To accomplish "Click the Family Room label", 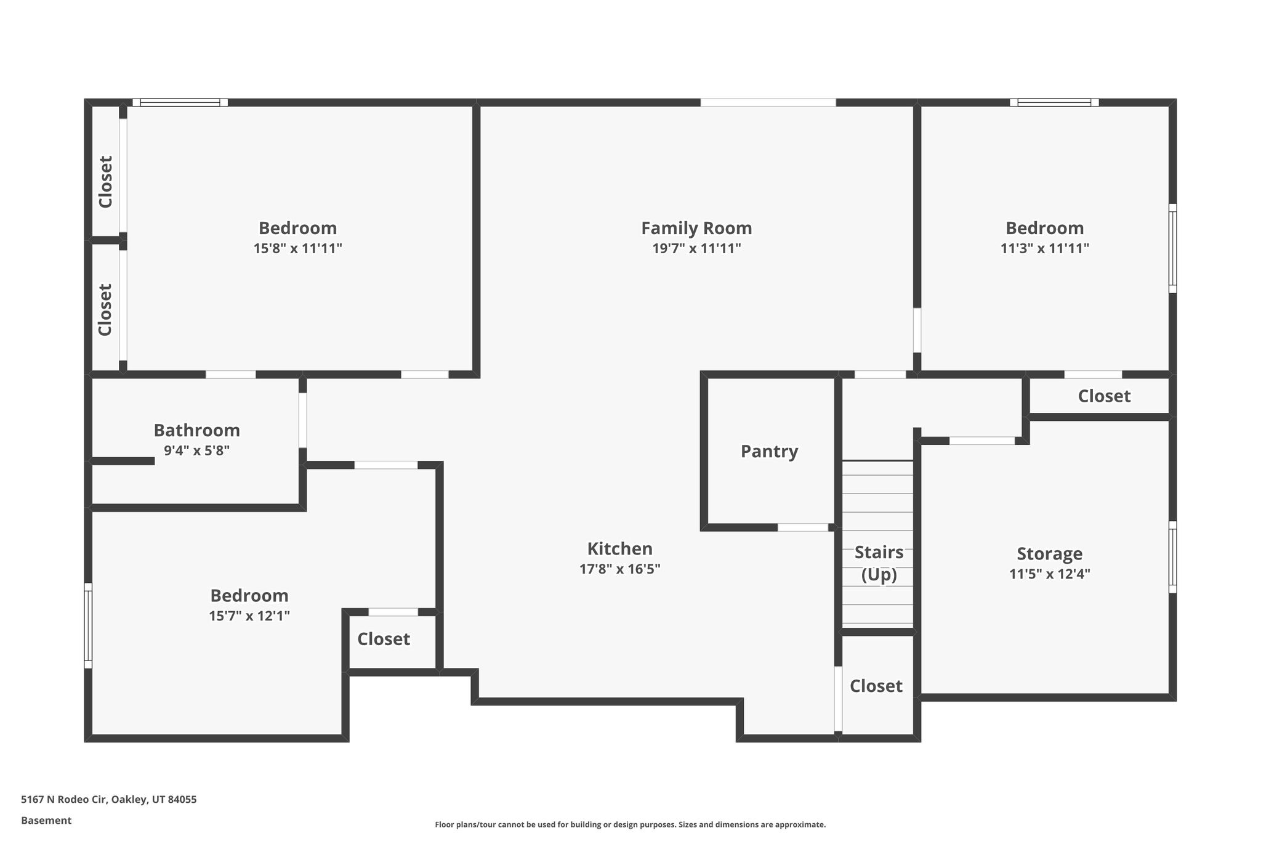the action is click(x=696, y=229).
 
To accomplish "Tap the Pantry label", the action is click(x=769, y=452).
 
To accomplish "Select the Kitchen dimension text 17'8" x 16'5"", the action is click(x=619, y=569).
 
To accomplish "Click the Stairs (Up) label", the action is click(x=879, y=564).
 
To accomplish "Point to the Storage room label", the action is click(x=1049, y=554).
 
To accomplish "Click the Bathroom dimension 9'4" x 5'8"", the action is click(x=196, y=450).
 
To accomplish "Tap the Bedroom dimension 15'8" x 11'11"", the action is click(x=297, y=248).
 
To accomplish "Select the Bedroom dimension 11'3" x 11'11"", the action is click(x=1044, y=248).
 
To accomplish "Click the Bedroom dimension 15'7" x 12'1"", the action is click(x=249, y=616).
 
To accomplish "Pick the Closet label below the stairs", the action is click(x=876, y=686).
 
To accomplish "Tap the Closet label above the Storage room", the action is click(x=1104, y=396).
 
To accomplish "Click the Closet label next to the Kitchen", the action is click(x=384, y=639).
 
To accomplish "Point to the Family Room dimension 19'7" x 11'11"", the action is click(x=696, y=248).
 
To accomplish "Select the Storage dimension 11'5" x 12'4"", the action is click(x=1049, y=574).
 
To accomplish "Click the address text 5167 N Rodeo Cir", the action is click(x=64, y=800).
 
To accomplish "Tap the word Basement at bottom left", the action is click(x=46, y=821).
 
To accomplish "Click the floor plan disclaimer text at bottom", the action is click(x=630, y=824).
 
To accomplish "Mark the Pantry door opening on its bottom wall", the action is click(x=802, y=527).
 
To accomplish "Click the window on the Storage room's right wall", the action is click(x=1172, y=558).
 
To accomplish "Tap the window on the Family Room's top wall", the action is click(x=768, y=102).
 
